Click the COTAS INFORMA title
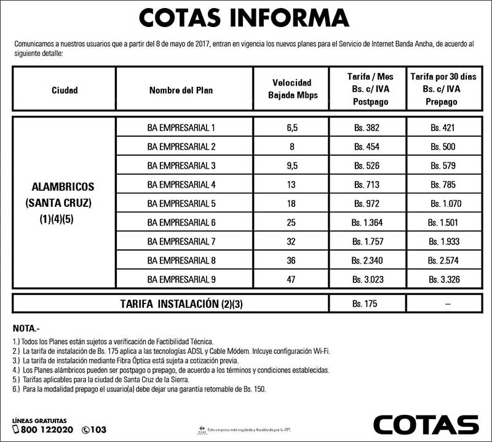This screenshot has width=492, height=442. (x=245, y=18)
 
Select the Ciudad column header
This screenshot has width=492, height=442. (x=65, y=90)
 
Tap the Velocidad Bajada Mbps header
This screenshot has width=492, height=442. (x=291, y=89)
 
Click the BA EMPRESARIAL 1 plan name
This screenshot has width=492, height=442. (x=181, y=128)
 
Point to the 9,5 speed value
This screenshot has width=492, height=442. (x=291, y=166)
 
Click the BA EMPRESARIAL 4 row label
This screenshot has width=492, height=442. (x=181, y=185)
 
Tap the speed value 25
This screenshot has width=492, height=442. (x=291, y=222)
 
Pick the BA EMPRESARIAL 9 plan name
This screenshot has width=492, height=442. (x=181, y=279)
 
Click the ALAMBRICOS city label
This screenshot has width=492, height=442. (x=64, y=185)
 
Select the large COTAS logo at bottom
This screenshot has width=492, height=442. (x=426, y=424)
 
